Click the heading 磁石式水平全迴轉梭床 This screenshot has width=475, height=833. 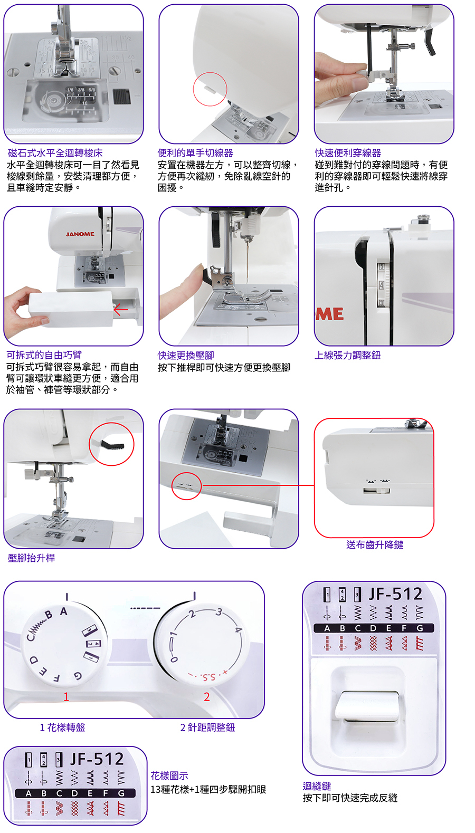pyautogui.click(x=55, y=153)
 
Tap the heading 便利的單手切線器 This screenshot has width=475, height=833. pyautogui.click(x=195, y=153)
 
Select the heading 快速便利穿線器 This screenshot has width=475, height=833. pyautogui.click(x=348, y=153)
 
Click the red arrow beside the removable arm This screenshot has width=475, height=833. pyautogui.click(x=121, y=310)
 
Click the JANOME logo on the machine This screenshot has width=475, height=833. pyautogui.click(x=80, y=234)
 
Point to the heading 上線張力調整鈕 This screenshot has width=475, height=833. pyautogui.click(x=347, y=355)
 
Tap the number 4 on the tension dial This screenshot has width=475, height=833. pyautogui.click(x=381, y=285)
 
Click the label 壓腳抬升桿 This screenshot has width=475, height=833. pyautogui.click(x=31, y=558)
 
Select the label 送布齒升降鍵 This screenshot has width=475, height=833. pyautogui.click(x=375, y=544)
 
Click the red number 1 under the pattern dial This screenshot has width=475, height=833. pyautogui.click(x=66, y=697)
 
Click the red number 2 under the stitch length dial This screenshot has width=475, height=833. pyautogui.click(x=207, y=697)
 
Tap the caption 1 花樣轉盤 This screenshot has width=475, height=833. pyautogui.click(x=62, y=727)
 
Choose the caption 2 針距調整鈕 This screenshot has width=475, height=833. pyautogui.click(x=207, y=727)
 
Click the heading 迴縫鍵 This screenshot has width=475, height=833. pyautogui.click(x=317, y=786)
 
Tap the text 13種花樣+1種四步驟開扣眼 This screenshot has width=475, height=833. pyautogui.click(x=208, y=790)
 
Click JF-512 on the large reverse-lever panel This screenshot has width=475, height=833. pyautogui.click(x=395, y=594)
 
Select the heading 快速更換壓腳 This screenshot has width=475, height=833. pyautogui.click(x=186, y=356)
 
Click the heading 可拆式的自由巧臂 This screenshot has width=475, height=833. pyautogui.click(x=44, y=355)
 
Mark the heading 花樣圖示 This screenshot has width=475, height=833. pyautogui.click(x=169, y=775)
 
